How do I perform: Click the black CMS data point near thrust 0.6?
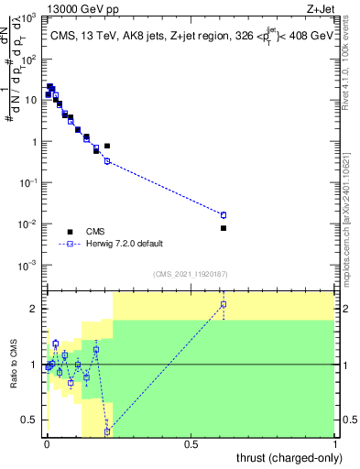(x=224, y=228)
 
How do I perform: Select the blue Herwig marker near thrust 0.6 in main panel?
(x=224, y=215)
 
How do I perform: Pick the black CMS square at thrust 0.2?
(x=107, y=146)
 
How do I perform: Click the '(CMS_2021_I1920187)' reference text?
(x=190, y=274)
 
